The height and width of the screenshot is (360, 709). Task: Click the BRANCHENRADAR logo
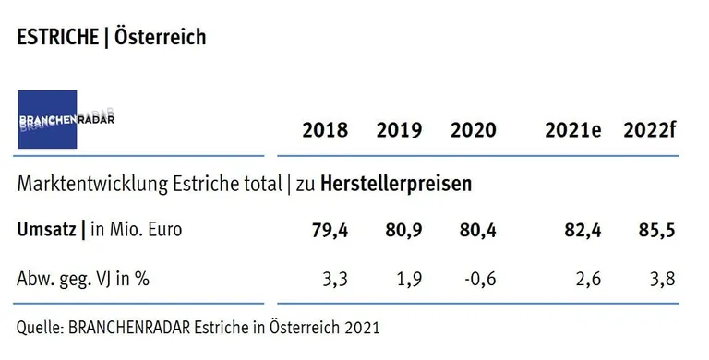(48, 119)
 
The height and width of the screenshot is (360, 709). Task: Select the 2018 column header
(325, 130)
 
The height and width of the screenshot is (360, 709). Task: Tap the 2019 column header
(399, 130)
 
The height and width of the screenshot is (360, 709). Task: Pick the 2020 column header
(473, 130)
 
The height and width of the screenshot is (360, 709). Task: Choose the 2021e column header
(572, 130)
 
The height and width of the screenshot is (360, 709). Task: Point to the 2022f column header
(649, 130)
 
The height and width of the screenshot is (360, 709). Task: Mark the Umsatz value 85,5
(655, 231)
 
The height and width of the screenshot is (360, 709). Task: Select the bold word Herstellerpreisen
(396, 184)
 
